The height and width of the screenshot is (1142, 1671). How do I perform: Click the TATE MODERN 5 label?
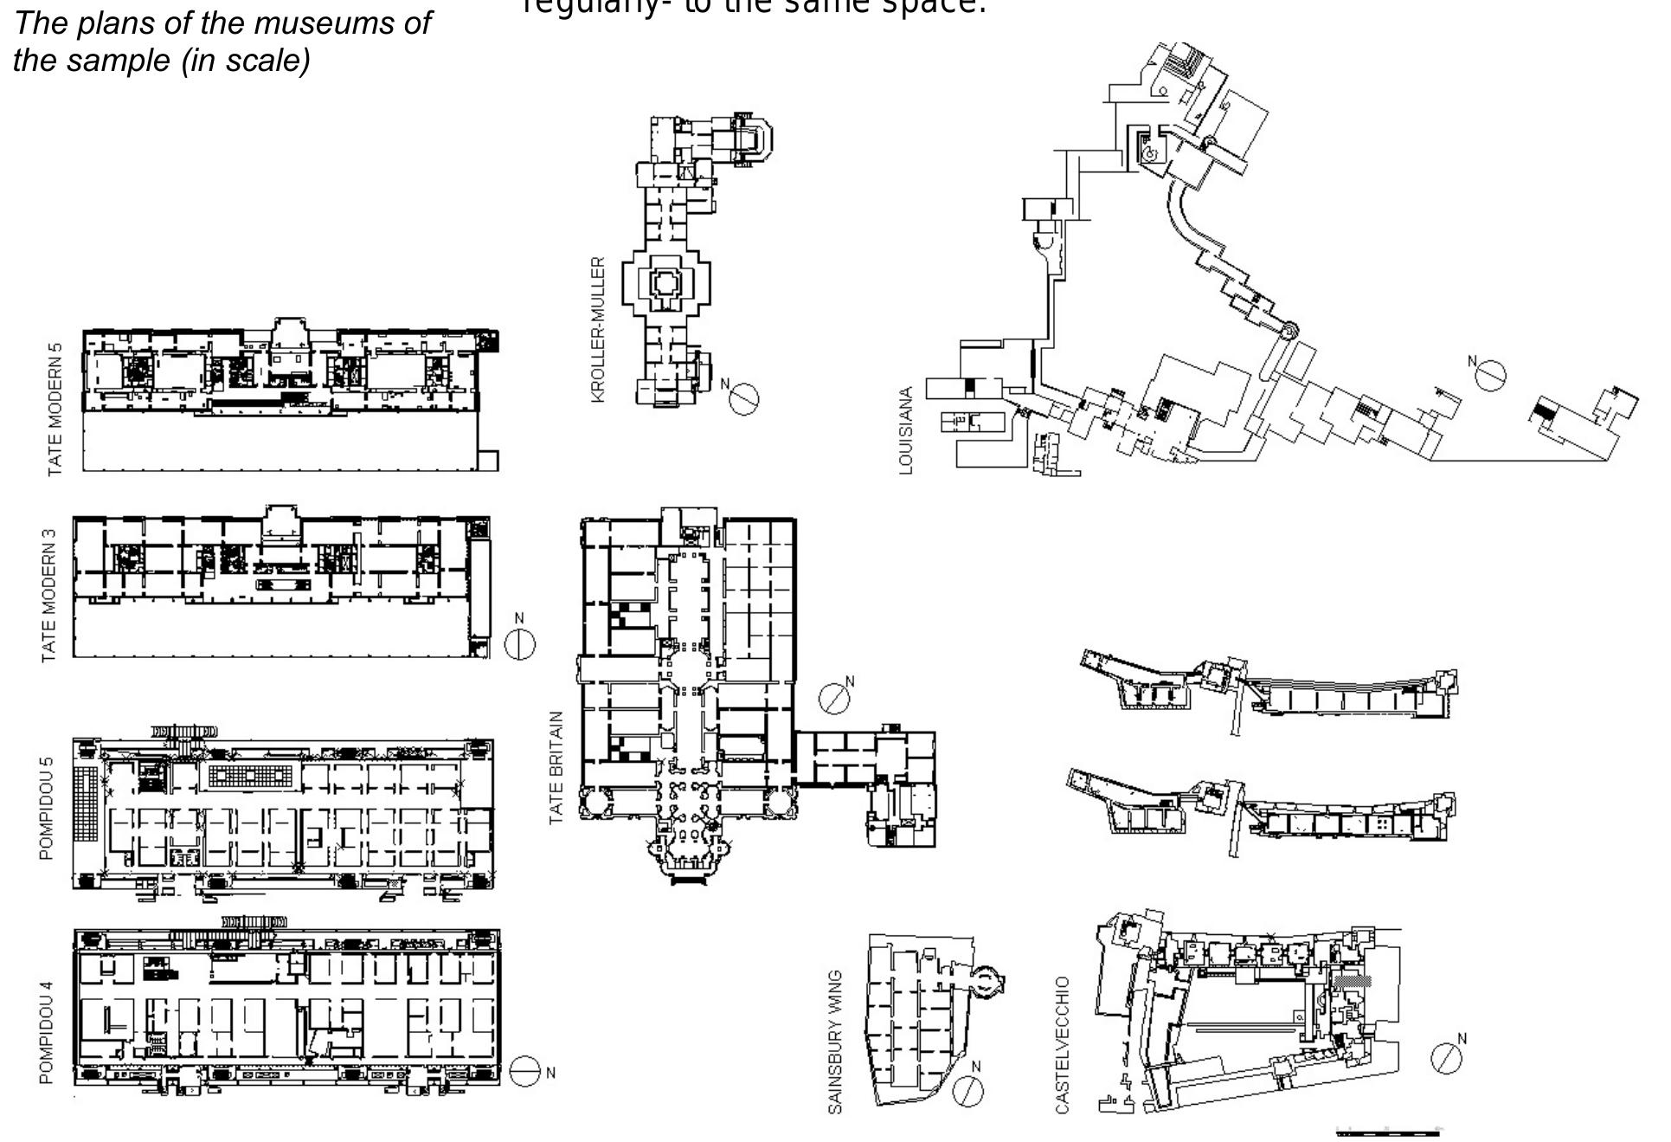click(x=55, y=409)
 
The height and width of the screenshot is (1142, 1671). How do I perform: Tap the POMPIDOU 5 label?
click(x=47, y=808)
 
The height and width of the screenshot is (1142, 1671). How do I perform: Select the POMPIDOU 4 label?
click(x=47, y=1031)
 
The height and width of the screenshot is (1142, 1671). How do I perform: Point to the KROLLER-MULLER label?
click(x=598, y=329)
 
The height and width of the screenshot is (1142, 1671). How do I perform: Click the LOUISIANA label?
click(x=906, y=430)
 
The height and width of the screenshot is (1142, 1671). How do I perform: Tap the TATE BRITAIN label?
click(x=556, y=767)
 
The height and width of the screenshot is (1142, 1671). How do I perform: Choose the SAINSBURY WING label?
click(x=835, y=1042)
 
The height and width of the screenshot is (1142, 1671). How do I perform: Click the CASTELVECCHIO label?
click(x=1063, y=1044)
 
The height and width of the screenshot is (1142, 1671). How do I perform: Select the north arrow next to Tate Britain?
click(x=834, y=698)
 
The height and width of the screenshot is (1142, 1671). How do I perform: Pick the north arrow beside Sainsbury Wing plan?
click(x=967, y=1089)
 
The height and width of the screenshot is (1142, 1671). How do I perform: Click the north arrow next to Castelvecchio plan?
click(x=1446, y=1057)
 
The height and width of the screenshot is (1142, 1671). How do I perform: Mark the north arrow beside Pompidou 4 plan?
click(x=524, y=1072)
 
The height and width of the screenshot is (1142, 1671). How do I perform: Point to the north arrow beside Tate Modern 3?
click(x=519, y=644)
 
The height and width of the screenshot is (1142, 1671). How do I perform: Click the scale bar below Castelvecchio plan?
click(x=1387, y=1132)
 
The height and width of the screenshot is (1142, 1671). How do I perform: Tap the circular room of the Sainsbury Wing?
click(x=987, y=981)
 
